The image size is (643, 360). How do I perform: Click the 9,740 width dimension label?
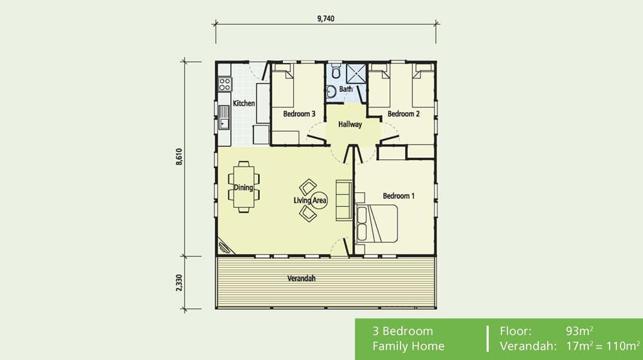(x=326, y=19)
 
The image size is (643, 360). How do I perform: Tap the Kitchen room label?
(x=244, y=103)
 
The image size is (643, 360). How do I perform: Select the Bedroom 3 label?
(x=298, y=114)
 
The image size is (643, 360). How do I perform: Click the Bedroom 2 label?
(x=403, y=114)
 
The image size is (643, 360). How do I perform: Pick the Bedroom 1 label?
(x=399, y=195)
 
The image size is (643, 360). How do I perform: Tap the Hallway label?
(x=350, y=125)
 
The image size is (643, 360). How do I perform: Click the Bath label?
(x=346, y=89)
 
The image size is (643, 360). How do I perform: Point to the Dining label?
(x=243, y=188)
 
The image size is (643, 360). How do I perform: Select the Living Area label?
(x=311, y=201)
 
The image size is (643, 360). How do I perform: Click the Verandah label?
(x=301, y=278)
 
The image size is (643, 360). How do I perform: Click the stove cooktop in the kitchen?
(x=224, y=83)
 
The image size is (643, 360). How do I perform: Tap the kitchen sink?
(x=224, y=118)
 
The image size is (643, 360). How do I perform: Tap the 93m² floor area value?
(x=579, y=332)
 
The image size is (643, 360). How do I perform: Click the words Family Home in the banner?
(x=408, y=346)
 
